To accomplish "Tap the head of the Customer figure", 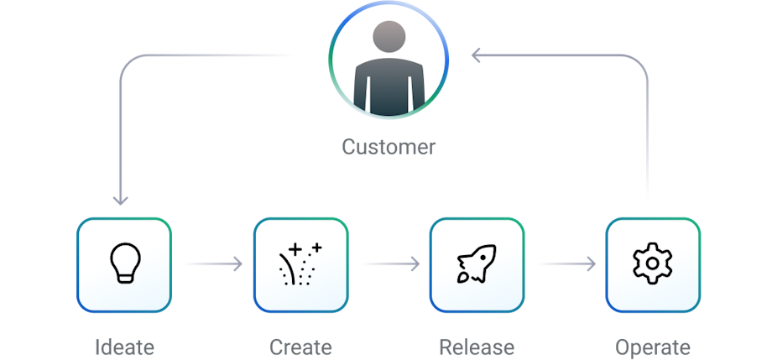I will [x=388, y=39].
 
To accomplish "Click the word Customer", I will [x=389, y=147].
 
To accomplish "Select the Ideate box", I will [x=124, y=264].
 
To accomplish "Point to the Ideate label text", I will [x=124, y=347].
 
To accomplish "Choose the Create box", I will [x=300, y=264].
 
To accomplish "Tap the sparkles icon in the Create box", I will [x=300, y=263].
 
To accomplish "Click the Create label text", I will [x=300, y=347].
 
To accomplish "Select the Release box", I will [x=477, y=264].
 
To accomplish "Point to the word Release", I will [x=477, y=347].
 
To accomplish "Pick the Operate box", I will [x=653, y=264].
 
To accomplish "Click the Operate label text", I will [x=653, y=347].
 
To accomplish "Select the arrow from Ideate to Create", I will [x=211, y=264].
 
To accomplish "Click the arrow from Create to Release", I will [x=389, y=264].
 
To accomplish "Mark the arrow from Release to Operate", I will [x=565, y=264].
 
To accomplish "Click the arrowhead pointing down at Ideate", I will [x=121, y=201].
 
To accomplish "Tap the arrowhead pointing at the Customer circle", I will [x=476, y=55].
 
